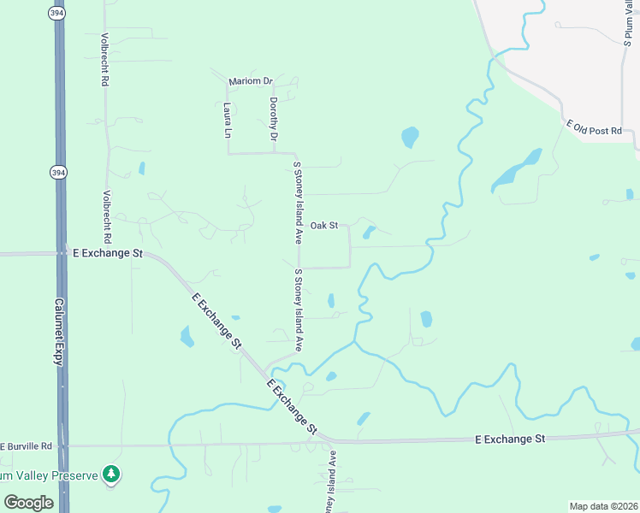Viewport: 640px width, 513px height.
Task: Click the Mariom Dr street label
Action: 250,81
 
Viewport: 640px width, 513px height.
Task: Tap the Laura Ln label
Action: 228,121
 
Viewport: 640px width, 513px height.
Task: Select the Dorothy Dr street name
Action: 274,119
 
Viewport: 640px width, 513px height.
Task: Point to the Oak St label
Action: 324,226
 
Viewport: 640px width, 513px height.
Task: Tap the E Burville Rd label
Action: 27,446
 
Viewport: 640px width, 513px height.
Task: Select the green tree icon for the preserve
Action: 110,473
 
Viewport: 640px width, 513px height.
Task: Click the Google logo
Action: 29,503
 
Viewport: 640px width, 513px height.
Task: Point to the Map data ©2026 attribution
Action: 603,506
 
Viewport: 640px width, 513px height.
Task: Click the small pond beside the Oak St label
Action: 369,232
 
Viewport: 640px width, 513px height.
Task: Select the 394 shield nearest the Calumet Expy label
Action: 56,173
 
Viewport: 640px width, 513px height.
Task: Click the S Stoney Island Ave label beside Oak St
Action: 299,202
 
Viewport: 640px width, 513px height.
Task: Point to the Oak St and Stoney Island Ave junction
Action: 299,227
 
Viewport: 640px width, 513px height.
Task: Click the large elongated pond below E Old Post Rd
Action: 516,171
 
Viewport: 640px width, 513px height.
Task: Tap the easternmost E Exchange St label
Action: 510,439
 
